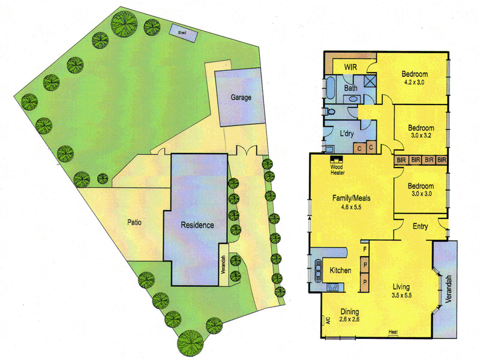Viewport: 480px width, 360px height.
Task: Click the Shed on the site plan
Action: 182,30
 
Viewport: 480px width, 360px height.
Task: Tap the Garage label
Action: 239,97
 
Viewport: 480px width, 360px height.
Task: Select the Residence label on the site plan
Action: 197,226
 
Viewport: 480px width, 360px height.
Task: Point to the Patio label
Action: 134,221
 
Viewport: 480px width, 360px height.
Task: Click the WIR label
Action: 351,67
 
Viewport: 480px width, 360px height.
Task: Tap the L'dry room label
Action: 349,132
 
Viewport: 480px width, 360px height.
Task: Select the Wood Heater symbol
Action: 336,160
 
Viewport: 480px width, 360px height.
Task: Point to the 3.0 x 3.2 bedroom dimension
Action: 421,136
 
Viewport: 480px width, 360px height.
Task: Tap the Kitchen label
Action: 340,271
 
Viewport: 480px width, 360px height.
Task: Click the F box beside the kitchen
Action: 364,247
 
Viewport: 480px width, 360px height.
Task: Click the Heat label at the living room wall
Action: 393,332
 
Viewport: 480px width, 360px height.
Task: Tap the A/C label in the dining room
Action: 328,320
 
